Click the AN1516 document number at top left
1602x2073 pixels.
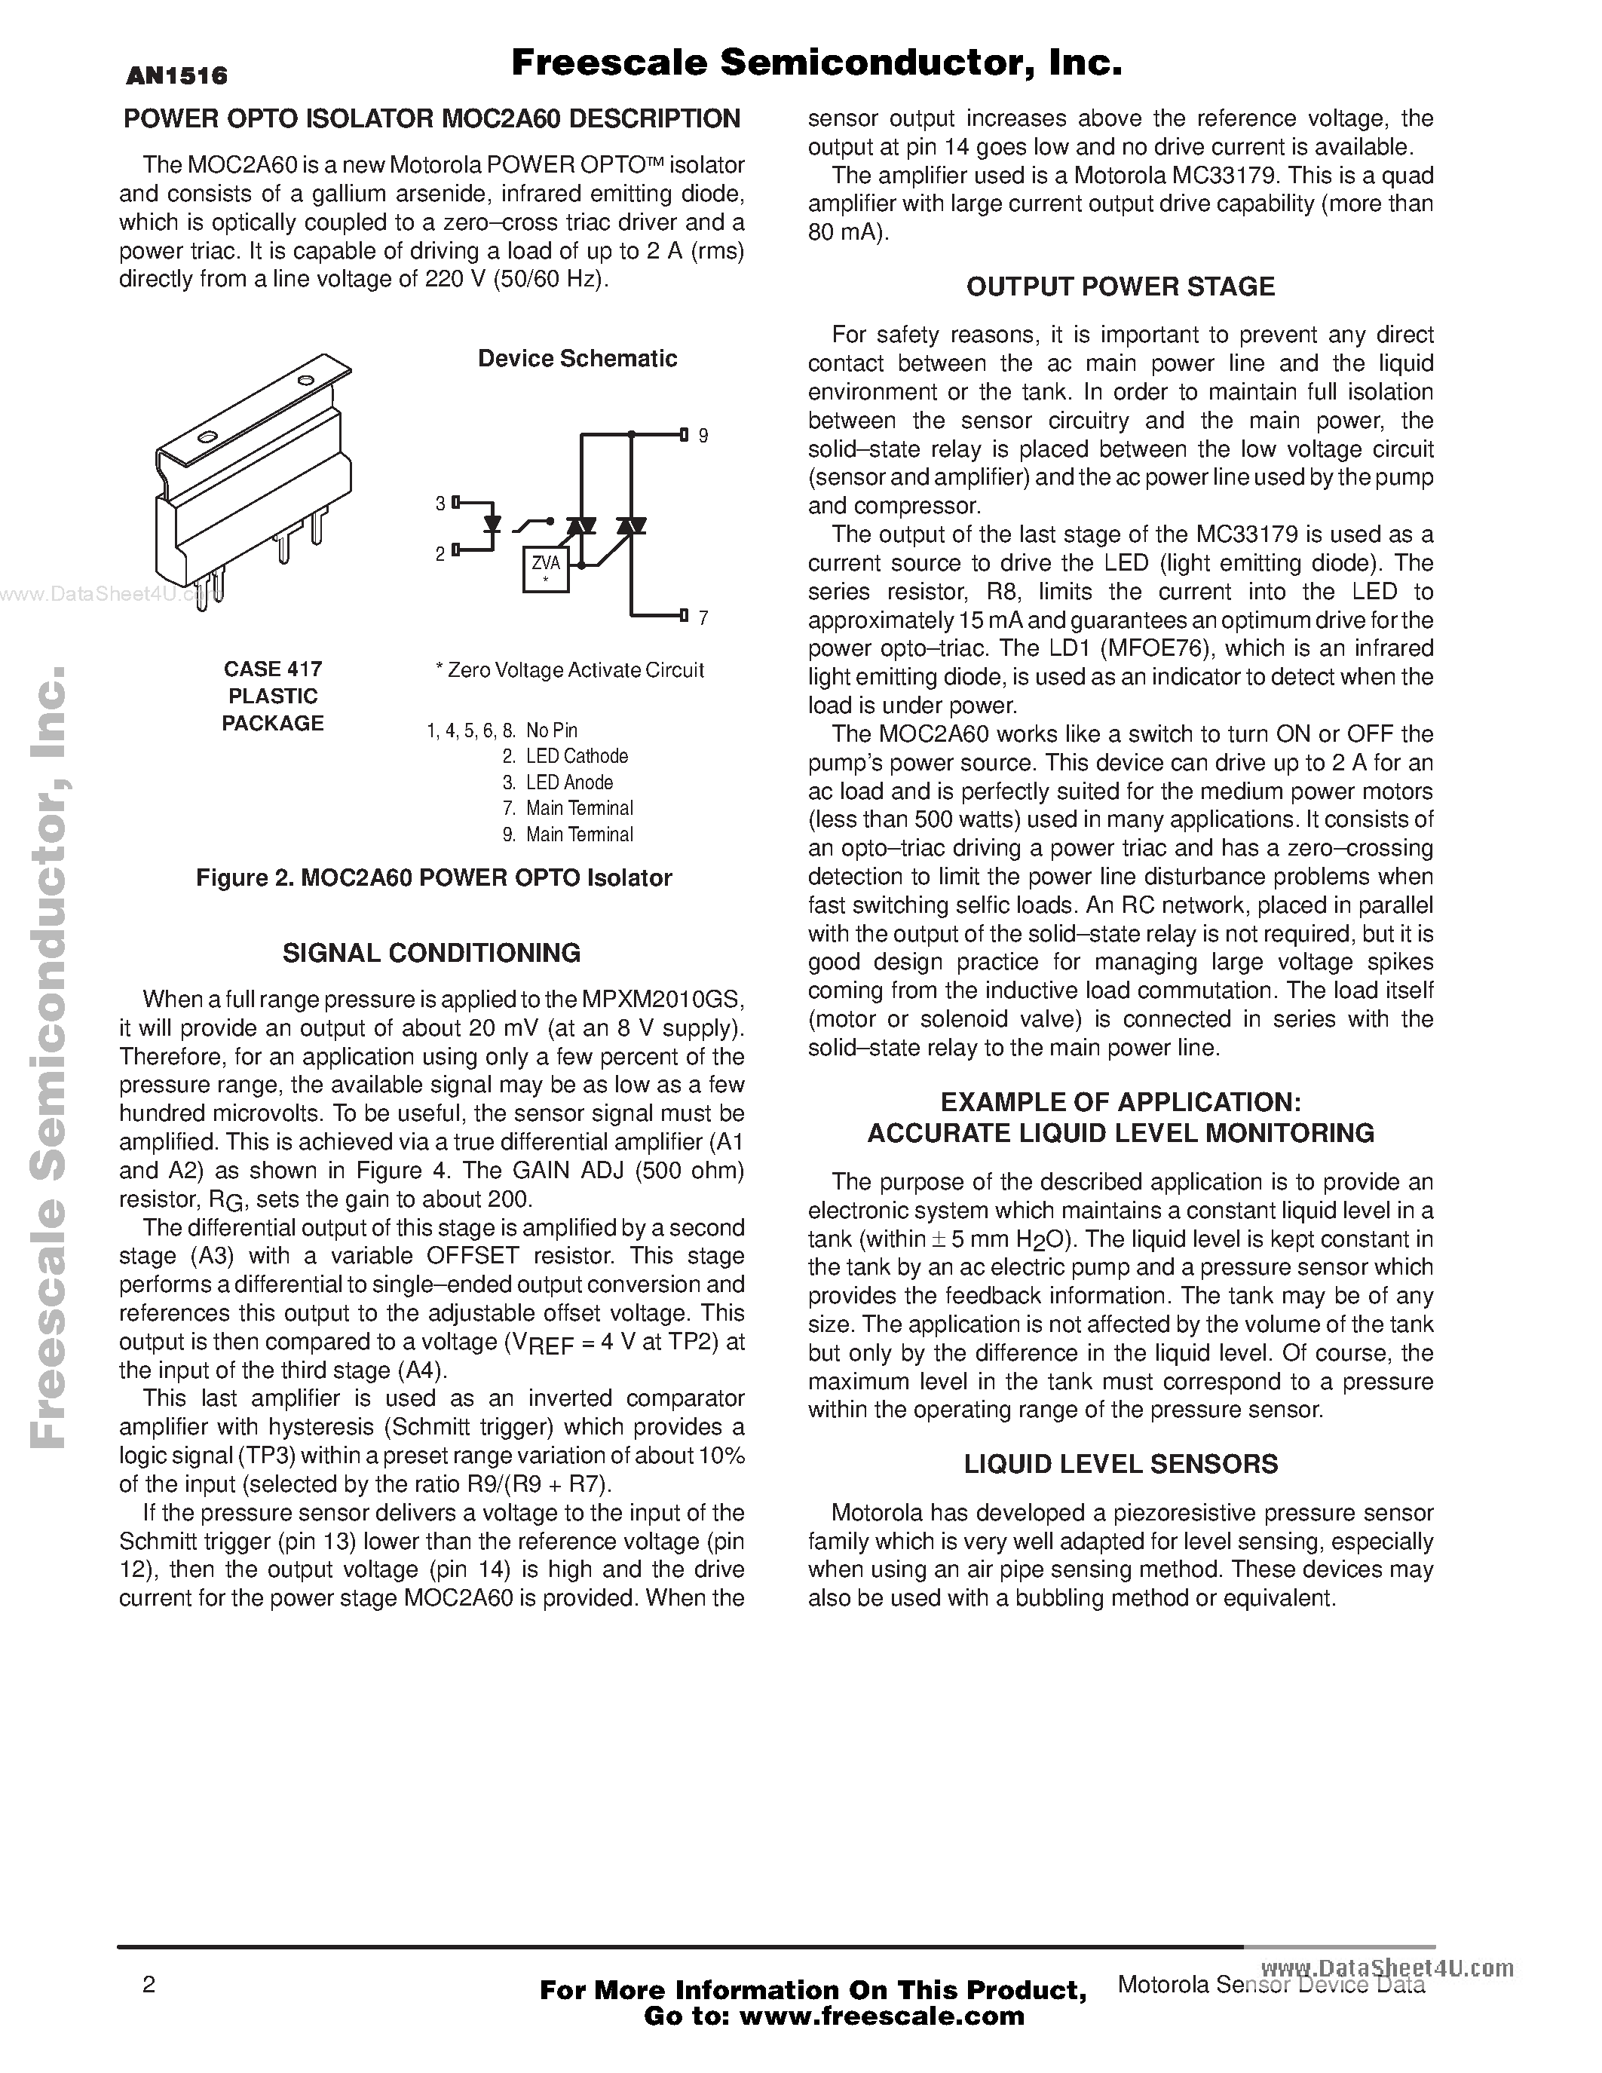tap(176, 76)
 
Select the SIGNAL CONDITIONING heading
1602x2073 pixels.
tap(431, 952)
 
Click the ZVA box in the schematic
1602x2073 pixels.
tap(546, 568)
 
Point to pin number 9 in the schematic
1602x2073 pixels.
tap(703, 436)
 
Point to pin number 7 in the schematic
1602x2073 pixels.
tap(703, 618)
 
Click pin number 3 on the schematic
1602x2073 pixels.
tap(440, 503)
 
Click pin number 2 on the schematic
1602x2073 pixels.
tap(440, 553)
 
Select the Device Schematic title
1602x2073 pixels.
tap(577, 359)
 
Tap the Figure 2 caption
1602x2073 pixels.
tap(433, 878)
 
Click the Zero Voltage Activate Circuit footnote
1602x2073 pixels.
tap(569, 670)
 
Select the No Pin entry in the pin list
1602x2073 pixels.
tap(550, 730)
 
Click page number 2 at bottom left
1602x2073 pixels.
tap(148, 1985)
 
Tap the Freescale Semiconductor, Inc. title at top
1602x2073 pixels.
tap(816, 63)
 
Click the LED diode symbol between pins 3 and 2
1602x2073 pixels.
tap(492, 523)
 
